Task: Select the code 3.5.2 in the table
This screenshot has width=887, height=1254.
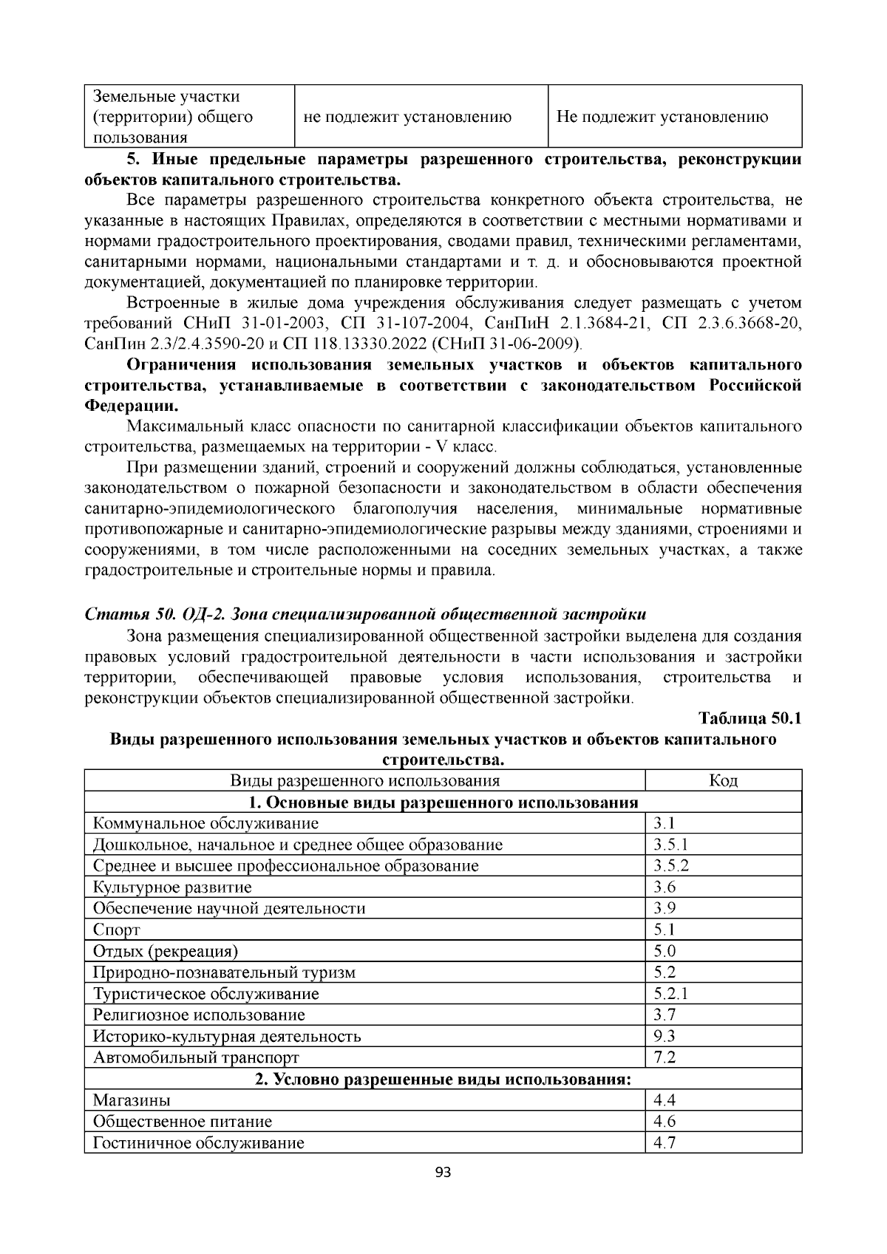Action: point(671,865)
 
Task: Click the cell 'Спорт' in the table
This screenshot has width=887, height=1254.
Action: point(117,930)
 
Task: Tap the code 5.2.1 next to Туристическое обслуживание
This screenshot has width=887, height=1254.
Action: point(671,993)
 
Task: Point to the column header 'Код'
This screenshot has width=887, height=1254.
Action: point(723,780)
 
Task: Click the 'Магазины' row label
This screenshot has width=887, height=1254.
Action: point(132,1100)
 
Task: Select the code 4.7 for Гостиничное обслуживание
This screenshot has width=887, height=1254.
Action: point(665,1142)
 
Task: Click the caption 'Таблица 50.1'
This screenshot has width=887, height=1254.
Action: point(750,718)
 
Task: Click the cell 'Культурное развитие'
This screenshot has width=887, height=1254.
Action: point(172,887)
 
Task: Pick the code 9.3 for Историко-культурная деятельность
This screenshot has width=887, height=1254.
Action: point(665,1036)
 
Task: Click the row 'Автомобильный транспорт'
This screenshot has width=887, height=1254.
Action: point(196,1057)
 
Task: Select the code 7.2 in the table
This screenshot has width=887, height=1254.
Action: point(665,1057)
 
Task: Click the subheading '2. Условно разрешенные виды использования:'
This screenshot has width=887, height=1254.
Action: point(443,1079)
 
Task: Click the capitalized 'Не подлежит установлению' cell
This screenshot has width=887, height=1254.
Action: point(662,117)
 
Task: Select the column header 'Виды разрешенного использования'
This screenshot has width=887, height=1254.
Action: point(364,780)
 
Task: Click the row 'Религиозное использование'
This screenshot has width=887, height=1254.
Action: point(199,1015)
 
